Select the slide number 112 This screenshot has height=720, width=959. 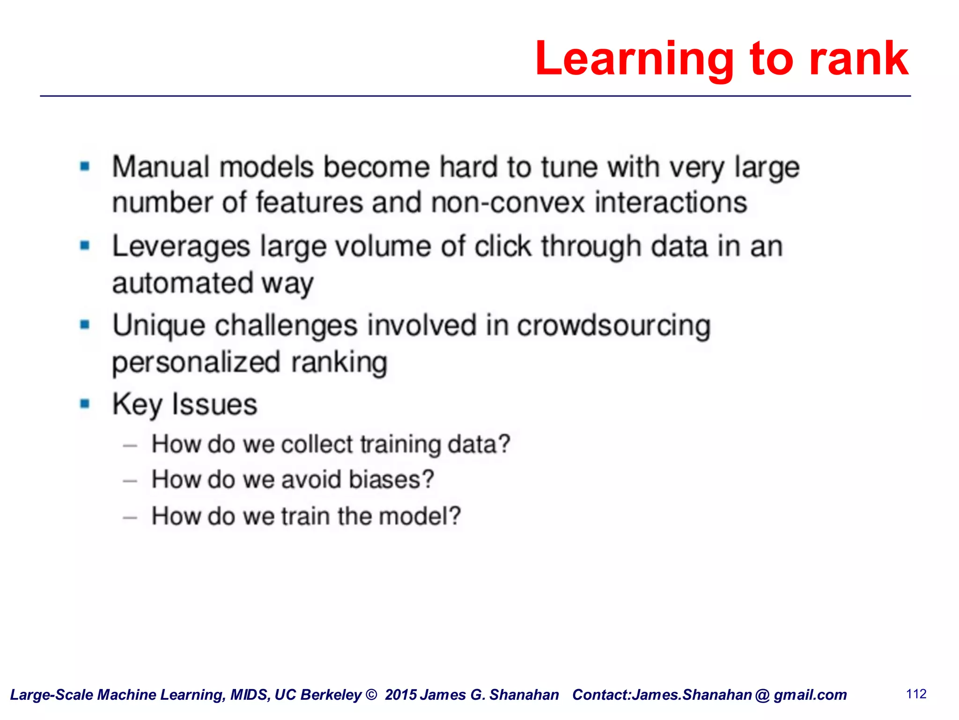pos(916,694)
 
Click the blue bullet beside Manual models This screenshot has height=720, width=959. pos(85,166)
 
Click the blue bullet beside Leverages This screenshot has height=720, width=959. pos(85,246)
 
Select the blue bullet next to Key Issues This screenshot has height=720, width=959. pos(85,404)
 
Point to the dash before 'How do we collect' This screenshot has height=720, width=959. pos(130,445)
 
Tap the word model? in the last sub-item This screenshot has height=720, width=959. pos(420,516)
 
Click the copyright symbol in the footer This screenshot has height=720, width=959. pos(371,695)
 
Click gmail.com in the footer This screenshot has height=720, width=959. pos(810,695)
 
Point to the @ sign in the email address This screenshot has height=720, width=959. pos(762,695)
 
